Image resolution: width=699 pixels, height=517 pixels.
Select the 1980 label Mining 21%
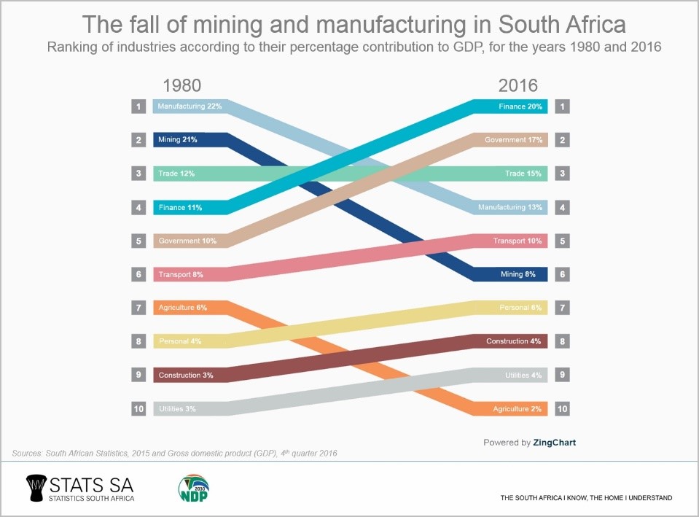coord(177,140)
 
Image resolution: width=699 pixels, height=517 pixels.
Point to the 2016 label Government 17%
coord(514,140)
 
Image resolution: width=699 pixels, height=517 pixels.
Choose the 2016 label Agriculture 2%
coord(517,409)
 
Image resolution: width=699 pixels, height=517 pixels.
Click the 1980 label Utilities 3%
coord(177,409)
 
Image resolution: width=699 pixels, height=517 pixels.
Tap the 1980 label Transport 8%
coord(180,275)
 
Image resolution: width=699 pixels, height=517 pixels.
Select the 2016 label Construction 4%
coord(514,341)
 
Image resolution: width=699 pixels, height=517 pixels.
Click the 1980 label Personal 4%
coord(179,341)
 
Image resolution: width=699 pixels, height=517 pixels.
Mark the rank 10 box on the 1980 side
coord(138,409)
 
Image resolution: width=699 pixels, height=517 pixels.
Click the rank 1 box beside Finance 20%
coord(562,106)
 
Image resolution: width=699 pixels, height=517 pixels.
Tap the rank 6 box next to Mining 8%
coord(562,275)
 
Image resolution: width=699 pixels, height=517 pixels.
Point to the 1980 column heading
coord(176,85)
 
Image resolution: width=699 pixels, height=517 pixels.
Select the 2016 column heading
coord(518,85)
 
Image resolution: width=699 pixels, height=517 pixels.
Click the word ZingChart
coord(555,442)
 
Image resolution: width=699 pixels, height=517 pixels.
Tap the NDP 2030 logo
coord(194,488)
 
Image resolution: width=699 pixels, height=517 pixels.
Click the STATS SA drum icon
coord(35,487)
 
